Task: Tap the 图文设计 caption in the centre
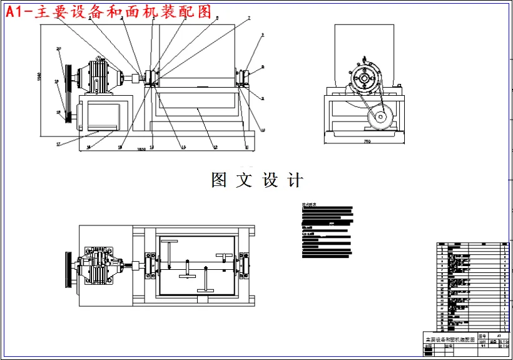click(257, 180)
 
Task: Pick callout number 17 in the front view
click(58, 144)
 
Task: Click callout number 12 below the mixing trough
click(215, 147)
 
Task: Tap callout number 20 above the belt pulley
click(58, 48)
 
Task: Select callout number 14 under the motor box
click(89, 147)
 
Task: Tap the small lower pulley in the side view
click(380, 116)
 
